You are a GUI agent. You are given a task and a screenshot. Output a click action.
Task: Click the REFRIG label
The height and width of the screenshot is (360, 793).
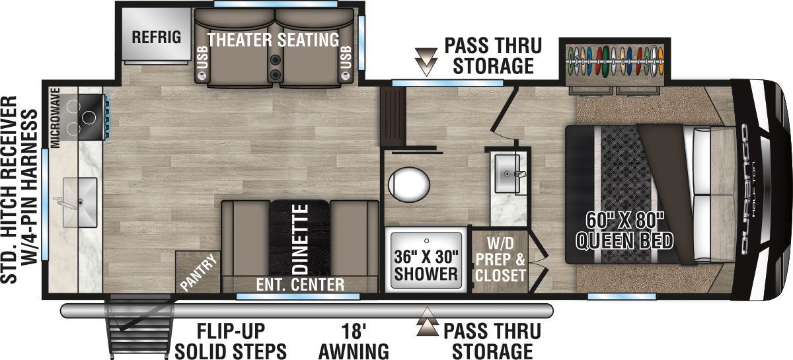point(156,36)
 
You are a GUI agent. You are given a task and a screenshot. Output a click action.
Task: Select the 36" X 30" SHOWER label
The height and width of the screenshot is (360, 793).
point(426,265)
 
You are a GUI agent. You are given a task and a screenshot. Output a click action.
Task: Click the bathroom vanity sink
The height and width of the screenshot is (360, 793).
point(510,173)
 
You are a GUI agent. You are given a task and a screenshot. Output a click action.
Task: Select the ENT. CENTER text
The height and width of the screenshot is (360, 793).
point(301,285)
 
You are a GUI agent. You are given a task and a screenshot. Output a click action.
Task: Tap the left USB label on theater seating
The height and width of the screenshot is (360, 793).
point(202,59)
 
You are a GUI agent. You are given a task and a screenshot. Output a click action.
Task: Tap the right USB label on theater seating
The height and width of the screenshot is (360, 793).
point(346,59)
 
